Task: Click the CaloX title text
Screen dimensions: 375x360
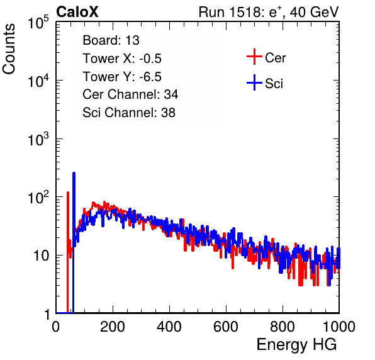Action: (77, 12)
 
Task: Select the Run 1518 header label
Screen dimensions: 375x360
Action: (269, 12)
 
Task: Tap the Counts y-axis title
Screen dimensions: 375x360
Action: (9, 49)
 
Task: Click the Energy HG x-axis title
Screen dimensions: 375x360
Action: (296, 345)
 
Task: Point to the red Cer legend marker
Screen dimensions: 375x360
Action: (254, 57)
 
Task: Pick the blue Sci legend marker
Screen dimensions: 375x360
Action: (254, 82)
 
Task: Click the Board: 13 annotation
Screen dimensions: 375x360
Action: (111, 40)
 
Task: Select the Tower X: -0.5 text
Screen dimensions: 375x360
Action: (122, 59)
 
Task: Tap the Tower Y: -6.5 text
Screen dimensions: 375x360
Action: (122, 77)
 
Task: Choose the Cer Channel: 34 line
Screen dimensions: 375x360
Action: (130, 94)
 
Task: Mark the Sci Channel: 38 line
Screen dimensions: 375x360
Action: (129, 113)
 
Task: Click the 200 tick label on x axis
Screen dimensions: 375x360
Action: (113, 327)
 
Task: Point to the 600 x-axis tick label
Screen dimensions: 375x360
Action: (226, 327)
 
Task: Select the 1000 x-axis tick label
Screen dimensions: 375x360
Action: (339, 327)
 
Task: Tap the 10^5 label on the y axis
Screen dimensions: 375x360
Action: (38, 23)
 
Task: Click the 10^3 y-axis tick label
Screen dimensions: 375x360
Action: (38, 139)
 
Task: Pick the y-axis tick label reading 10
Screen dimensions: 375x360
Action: (42, 256)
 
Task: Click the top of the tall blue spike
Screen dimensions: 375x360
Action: (74, 173)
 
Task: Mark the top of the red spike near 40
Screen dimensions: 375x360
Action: (68, 193)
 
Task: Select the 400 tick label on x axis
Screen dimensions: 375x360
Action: (169, 327)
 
